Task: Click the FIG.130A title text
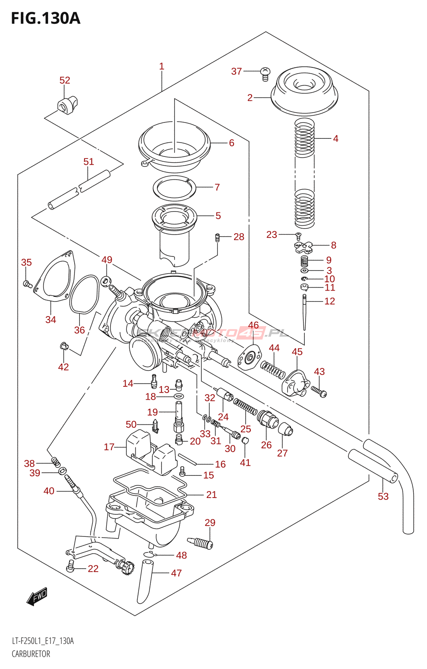point(45,18)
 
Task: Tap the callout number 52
point(64,80)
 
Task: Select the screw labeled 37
point(265,74)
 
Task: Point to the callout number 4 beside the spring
point(335,138)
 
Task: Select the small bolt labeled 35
point(27,284)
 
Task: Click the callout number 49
point(107,260)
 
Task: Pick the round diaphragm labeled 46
point(250,358)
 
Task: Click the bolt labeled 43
point(319,391)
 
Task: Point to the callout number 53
point(383,496)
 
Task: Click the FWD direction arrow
point(37,596)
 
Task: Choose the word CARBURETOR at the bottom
point(31,654)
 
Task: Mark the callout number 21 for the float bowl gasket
point(211,495)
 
